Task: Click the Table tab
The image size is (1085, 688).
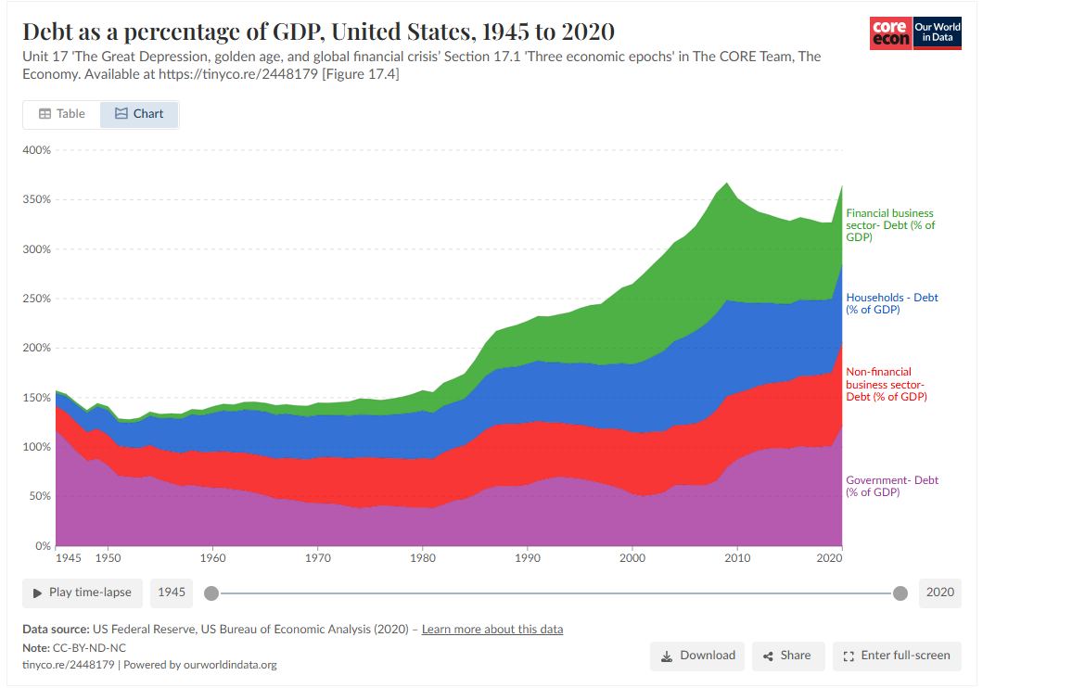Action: point(62,114)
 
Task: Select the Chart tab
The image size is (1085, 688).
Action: point(139,114)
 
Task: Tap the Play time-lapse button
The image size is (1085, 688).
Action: point(82,592)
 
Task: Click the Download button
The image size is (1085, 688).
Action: point(697,656)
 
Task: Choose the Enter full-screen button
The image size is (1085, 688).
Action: point(897,656)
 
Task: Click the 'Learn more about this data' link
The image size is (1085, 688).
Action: point(492,630)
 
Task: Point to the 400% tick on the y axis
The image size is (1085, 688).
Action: point(37,150)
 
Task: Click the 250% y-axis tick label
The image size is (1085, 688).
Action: point(37,299)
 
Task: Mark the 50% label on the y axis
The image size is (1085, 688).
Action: point(40,496)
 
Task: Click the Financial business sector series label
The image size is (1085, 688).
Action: point(889,225)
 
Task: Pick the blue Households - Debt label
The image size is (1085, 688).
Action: point(891,303)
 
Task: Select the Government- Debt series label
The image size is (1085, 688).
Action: point(891,486)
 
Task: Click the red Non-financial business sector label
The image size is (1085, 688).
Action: point(886,384)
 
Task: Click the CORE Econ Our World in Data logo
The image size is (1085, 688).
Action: point(915,33)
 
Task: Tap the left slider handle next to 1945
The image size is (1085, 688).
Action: point(211,593)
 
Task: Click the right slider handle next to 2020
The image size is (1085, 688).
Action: point(900,593)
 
